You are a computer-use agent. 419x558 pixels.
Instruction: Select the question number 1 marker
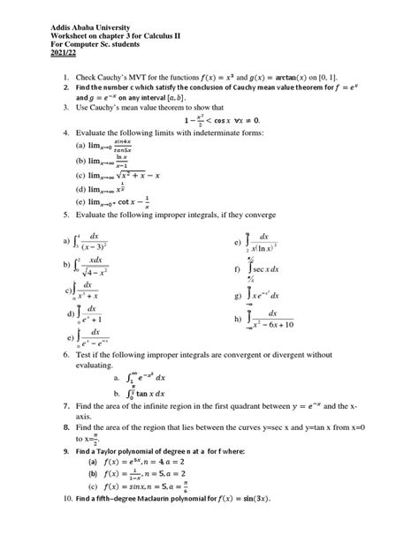[65, 79]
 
